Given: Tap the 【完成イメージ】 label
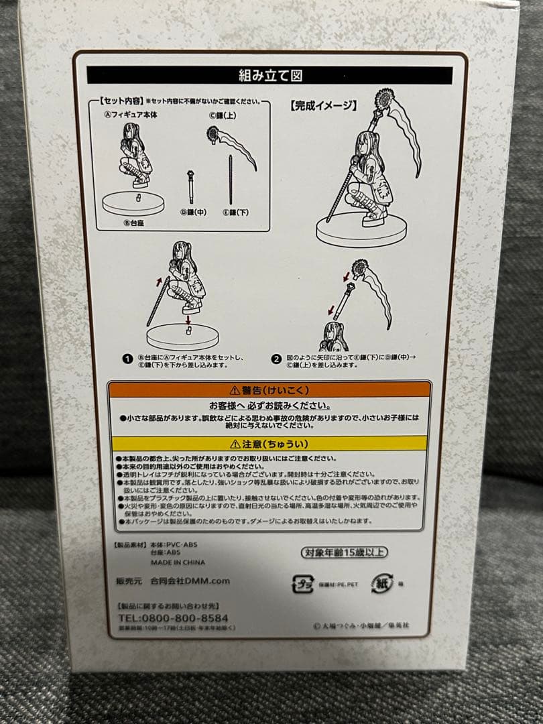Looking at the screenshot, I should (x=323, y=105).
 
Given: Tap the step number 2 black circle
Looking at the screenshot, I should (x=276, y=359).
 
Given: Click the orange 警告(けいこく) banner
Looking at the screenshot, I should (x=269, y=389).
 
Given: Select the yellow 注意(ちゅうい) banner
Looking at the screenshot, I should (x=269, y=443).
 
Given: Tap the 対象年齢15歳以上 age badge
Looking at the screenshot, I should (x=343, y=552).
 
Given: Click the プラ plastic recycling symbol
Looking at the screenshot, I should (x=302, y=584).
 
